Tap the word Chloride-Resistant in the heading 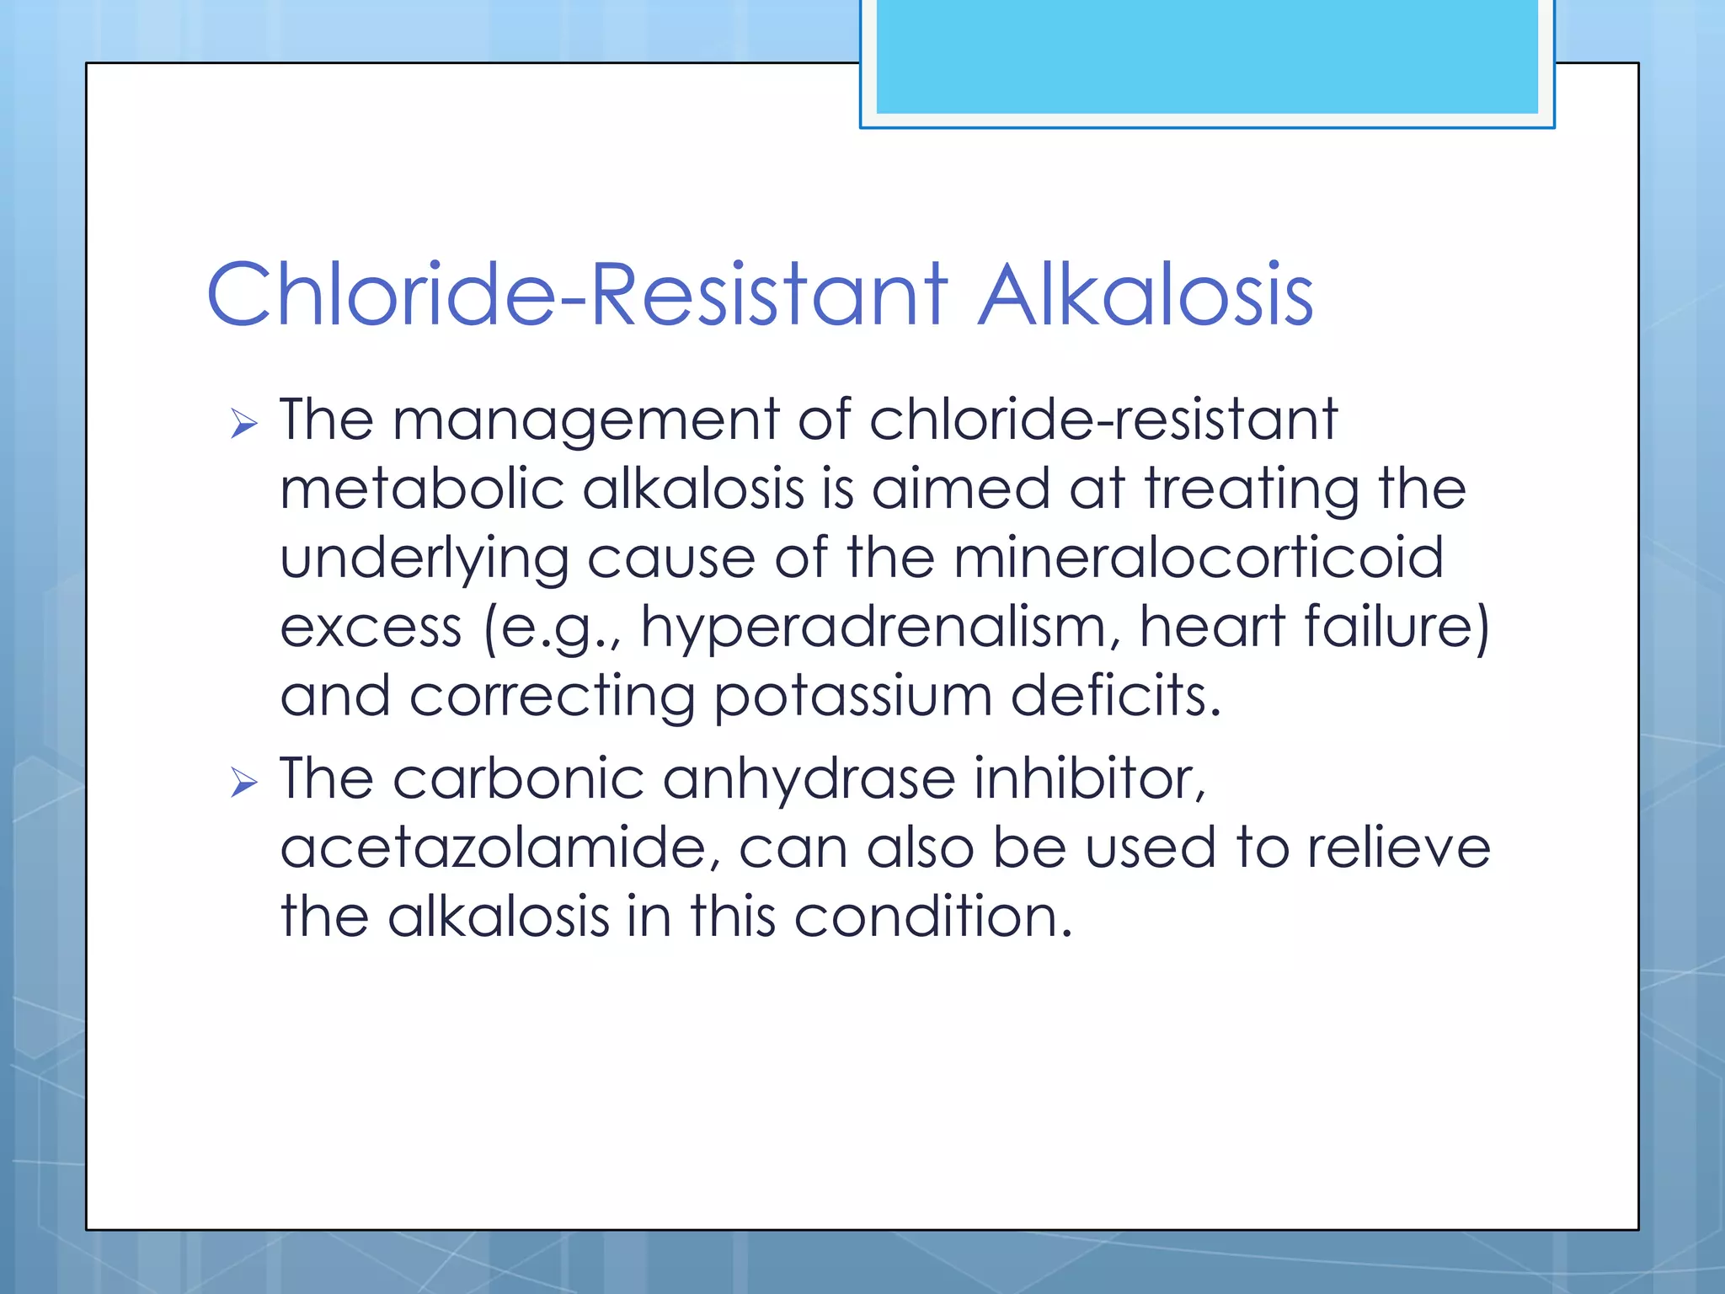click(x=577, y=295)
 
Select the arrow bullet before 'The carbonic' click(x=243, y=783)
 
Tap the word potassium click(x=852, y=698)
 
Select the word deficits click(x=1114, y=696)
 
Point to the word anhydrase click(x=809, y=779)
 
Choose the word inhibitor click(x=1090, y=778)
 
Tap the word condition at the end click(x=932, y=917)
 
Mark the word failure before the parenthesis click(x=1390, y=627)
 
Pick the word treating click(x=1251, y=490)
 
